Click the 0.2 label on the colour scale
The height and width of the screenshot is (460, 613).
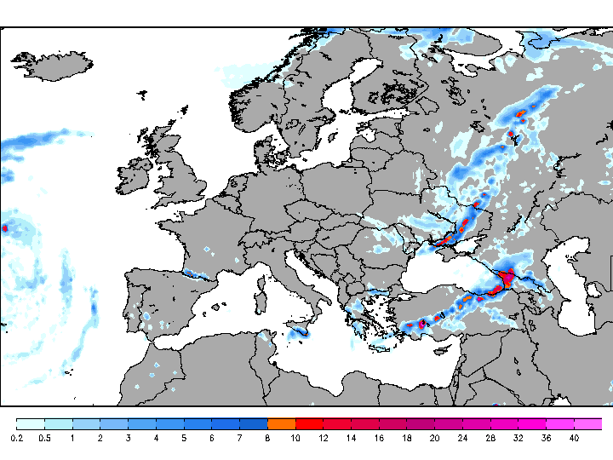pos(17,438)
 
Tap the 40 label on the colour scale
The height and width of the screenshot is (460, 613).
pos(575,438)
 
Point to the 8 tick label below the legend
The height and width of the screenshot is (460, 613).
pos(267,438)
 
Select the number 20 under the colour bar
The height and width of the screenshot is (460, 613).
pos(434,438)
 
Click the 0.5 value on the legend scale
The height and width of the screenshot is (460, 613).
pos(44,438)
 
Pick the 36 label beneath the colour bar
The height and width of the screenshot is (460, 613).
pos(546,438)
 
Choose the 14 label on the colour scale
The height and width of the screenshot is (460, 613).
pos(351,438)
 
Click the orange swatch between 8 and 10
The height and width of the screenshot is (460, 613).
pos(281,423)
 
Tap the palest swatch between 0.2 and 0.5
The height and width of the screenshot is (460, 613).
pos(31,423)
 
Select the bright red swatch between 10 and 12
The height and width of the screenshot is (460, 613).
pos(309,423)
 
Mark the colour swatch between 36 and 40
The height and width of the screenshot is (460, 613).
pos(560,423)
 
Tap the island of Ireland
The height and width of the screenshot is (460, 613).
pos(136,179)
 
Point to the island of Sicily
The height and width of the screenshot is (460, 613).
pos(297,331)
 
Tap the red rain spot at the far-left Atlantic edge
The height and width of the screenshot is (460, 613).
pos(4,228)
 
